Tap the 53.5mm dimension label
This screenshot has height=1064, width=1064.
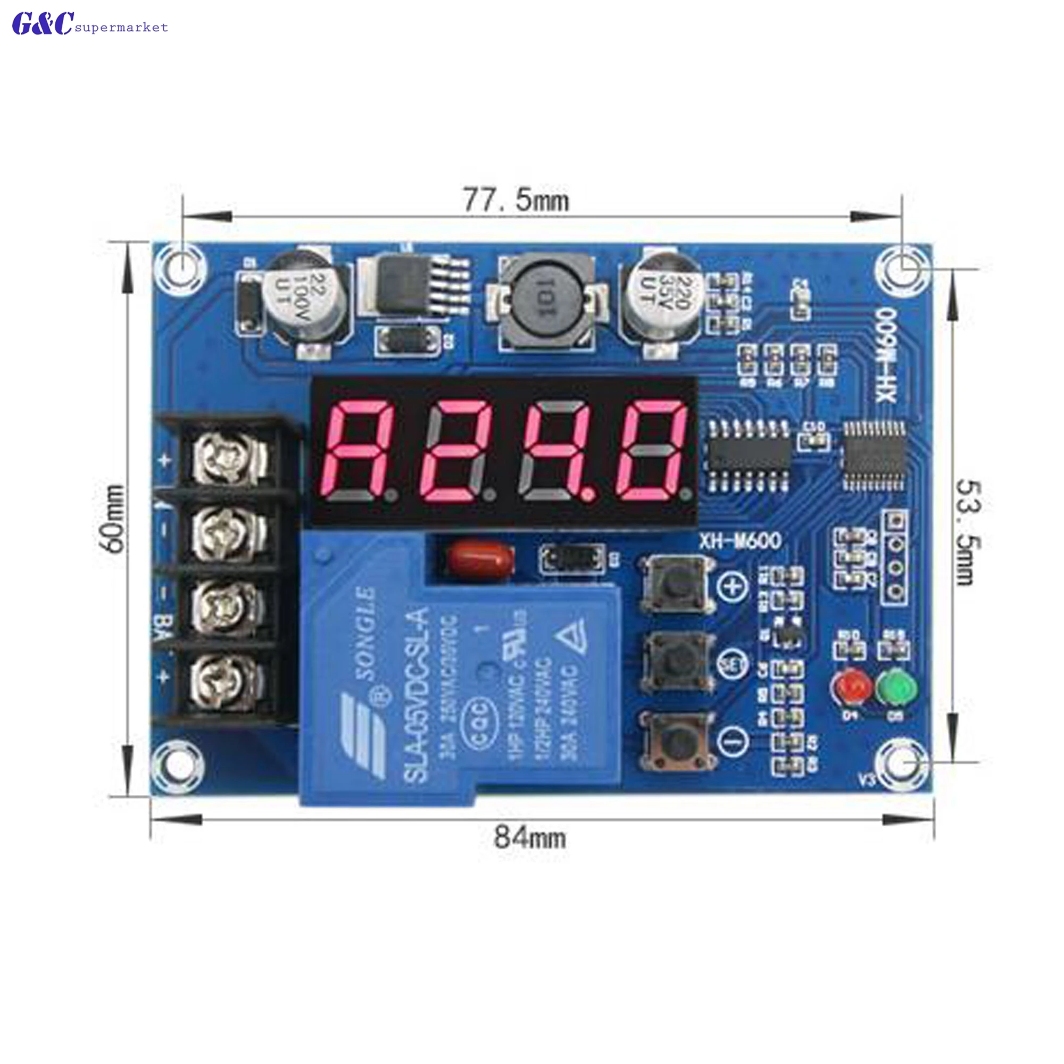[967, 532]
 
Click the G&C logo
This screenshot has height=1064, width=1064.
[43, 24]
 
